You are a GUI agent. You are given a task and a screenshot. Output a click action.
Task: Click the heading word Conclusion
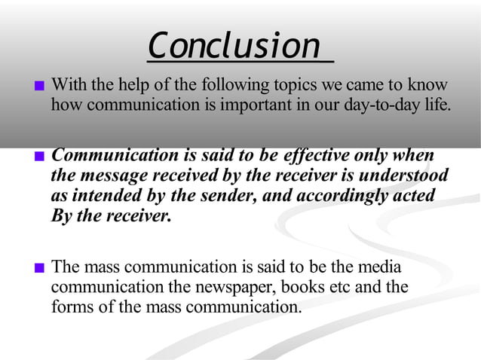(x=234, y=47)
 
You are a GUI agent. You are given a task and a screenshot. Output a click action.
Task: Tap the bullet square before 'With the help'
(x=40, y=86)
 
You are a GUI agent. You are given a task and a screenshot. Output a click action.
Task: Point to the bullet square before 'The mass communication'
(x=40, y=268)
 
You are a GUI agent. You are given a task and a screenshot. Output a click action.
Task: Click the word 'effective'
(x=315, y=156)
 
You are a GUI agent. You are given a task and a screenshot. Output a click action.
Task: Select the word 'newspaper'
(x=256, y=287)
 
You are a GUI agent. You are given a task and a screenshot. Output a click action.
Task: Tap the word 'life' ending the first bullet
(x=437, y=105)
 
